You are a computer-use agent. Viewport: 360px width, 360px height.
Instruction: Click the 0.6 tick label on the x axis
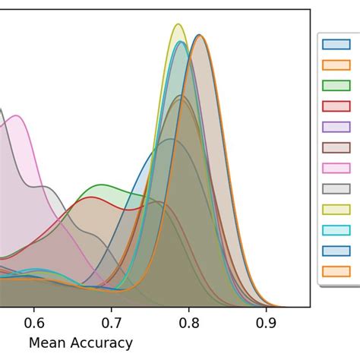tap(33, 321)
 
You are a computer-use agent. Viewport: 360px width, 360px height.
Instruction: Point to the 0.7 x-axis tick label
tap(112, 321)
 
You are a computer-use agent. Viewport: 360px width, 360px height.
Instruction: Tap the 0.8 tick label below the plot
tap(189, 321)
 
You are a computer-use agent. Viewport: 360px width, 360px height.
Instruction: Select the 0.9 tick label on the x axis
tap(267, 321)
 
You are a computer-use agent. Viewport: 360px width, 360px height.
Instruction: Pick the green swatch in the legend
tap(336, 85)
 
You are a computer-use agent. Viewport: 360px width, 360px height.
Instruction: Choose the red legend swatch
tap(336, 106)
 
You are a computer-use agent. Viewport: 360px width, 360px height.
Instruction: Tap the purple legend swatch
tap(336, 127)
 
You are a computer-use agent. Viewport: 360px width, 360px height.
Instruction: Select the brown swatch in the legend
tap(336, 147)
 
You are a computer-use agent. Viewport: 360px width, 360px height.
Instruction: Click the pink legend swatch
tap(336, 168)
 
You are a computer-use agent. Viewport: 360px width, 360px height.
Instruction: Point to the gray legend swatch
tap(336, 188)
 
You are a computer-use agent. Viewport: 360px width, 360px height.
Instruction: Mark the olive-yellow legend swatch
tap(336, 210)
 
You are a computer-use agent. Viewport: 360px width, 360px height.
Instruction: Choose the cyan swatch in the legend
tap(336, 230)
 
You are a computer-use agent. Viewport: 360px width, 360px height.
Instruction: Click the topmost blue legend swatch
tap(336, 44)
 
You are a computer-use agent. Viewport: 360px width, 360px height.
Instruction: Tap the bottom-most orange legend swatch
tap(336, 271)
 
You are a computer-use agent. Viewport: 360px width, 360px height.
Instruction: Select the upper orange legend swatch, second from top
tap(336, 65)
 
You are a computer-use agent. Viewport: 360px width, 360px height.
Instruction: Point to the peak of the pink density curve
tap(14, 115)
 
